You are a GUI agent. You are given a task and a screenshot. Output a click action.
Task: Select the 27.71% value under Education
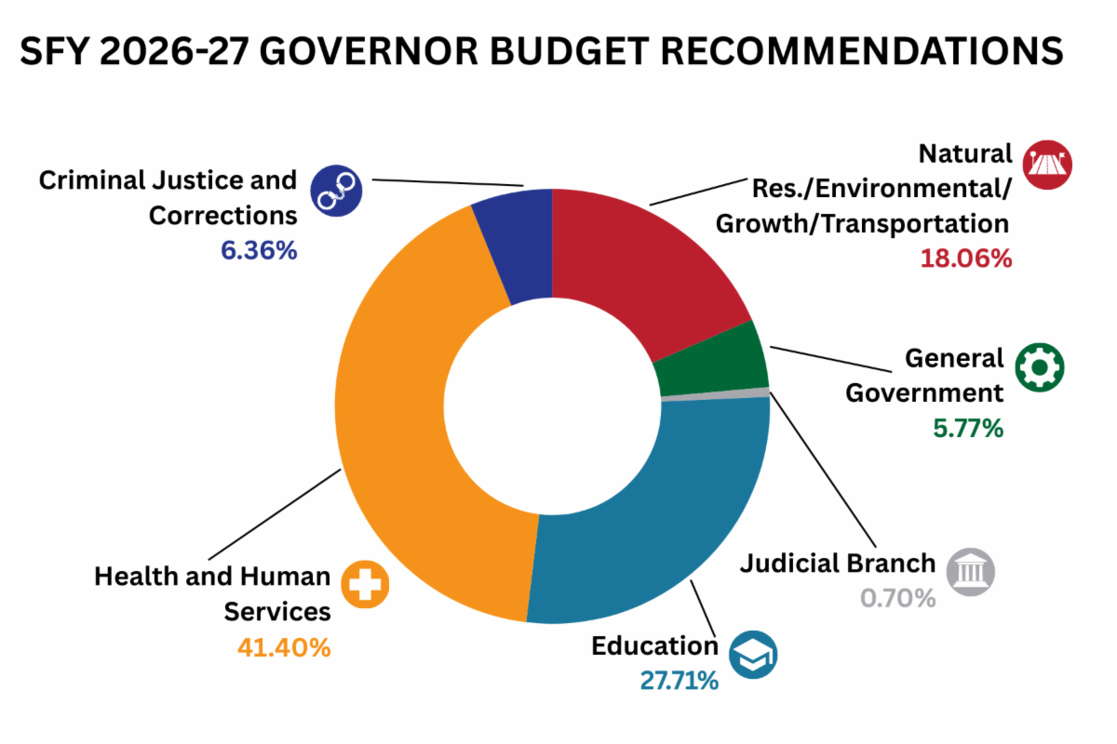tap(679, 681)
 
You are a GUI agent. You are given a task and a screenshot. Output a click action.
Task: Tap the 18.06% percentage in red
tap(965, 259)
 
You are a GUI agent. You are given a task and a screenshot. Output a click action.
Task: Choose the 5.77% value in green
tap(968, 428)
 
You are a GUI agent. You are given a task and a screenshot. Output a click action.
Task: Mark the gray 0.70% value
tap(897, 598)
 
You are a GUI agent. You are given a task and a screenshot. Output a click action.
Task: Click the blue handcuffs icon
tap(335, 191)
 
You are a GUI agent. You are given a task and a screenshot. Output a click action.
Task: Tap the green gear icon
tap(1039, 368)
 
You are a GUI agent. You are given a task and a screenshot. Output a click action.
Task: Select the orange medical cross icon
tap(365, 585)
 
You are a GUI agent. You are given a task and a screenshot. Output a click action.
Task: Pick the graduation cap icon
tap(753, 655)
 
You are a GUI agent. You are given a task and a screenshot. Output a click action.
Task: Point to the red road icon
tap(1047, 166)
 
